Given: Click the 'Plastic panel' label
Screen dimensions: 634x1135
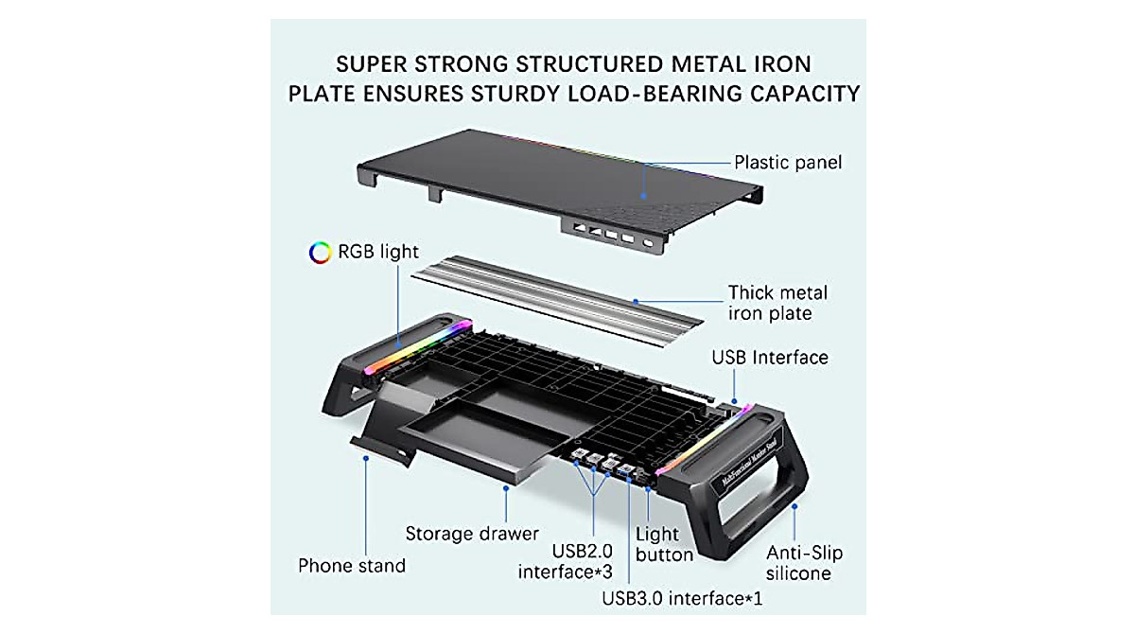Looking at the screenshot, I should (787, 163).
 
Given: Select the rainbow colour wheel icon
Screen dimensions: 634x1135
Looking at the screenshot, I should (320, 253).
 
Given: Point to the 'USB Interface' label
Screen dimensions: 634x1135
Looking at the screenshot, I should (770, 358).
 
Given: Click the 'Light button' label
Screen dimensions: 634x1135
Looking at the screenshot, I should (664, 544).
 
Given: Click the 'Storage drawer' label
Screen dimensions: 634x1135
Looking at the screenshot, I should (472, 534).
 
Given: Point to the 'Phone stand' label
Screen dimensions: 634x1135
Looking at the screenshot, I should (351, 566).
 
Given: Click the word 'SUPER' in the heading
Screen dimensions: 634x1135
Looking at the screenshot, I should (378, 64).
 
